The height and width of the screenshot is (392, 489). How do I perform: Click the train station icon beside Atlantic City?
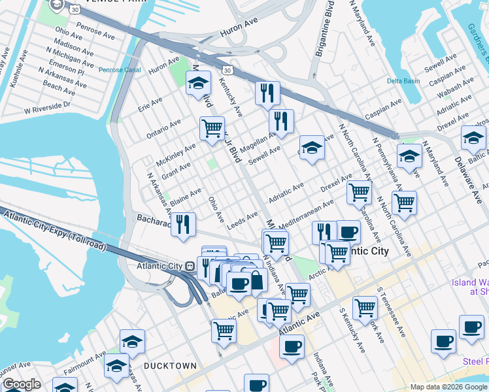pyautogui.click(x=189, y=267)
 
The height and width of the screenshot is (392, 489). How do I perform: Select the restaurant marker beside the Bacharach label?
pyautogui.click(x=183, y=224)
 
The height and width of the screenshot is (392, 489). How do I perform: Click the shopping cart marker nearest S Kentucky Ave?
pyautogui.click(x=364, y=307)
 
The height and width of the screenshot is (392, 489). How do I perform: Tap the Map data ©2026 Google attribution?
pyautogui.click(x=448, y=387)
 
